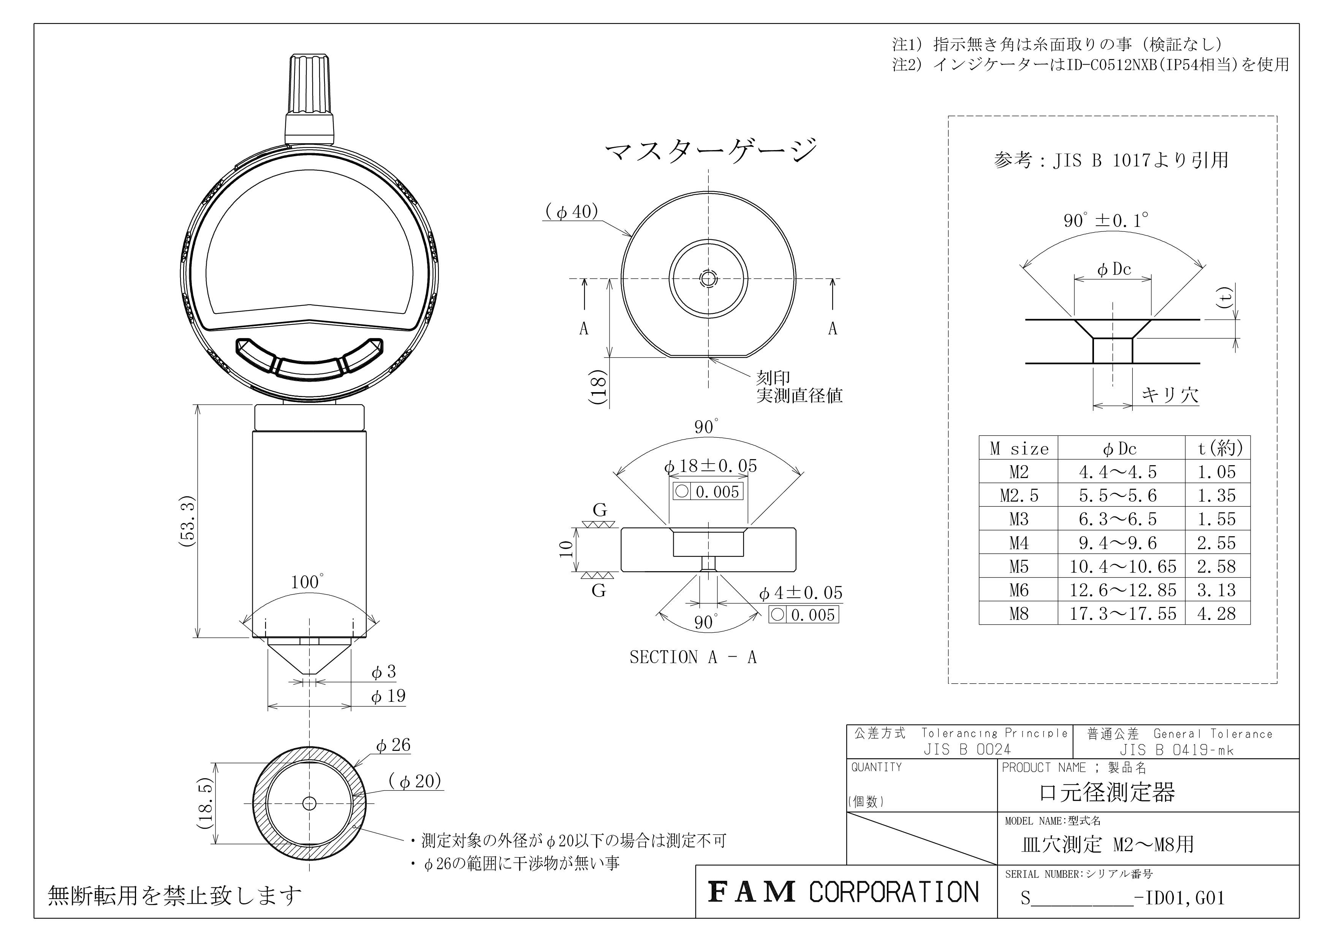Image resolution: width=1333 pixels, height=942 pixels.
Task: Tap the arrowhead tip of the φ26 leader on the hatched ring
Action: (353, 767)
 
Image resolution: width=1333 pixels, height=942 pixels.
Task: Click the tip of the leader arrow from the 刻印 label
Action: (709, 358)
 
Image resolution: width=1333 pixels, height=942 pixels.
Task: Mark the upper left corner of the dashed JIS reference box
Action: (949, 116)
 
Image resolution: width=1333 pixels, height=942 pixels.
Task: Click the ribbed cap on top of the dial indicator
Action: (309, 99)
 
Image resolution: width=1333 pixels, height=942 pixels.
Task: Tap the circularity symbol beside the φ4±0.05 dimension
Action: (777, 614)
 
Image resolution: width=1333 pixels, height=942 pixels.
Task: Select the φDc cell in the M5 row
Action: (1123, 567)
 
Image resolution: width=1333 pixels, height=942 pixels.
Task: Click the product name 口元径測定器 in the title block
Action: (1107, 792)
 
